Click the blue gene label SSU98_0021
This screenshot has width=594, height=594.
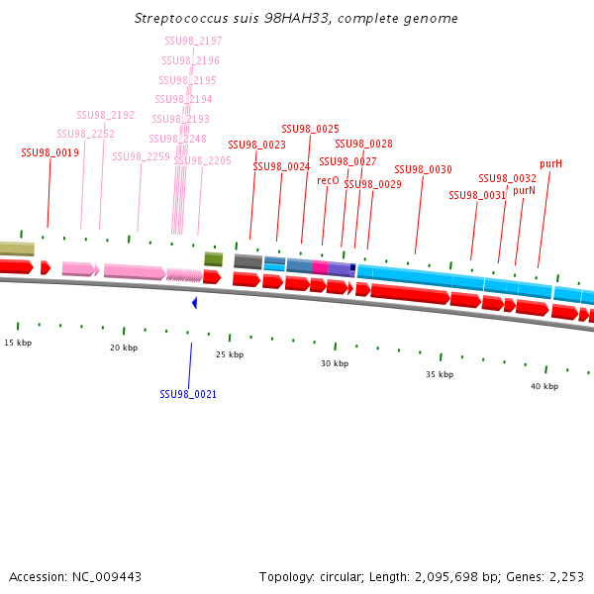(x=188, y=394)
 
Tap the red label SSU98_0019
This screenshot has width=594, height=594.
(x=49, y=152)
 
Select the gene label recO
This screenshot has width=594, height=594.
(x=328, y=181)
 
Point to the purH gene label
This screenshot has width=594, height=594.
(x=550, y=163)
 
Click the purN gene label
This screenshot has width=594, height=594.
(x=524, y=190)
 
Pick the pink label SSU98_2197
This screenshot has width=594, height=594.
(x=193, y=41)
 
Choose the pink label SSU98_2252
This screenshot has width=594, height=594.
(x=85, y=134)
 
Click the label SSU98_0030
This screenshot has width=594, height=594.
(x=423, y=169)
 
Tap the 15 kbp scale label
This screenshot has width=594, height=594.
(x=18, y=343)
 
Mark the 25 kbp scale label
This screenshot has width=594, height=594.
(x=230, y=354)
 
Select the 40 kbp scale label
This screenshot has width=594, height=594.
(x=544, y=386)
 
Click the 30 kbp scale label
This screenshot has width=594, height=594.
(x=335, y=363)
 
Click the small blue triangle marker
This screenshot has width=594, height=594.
(x=195, y=302)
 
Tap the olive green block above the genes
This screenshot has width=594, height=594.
(x=213, y=259)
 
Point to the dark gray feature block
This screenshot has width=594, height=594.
(x=247, y=262)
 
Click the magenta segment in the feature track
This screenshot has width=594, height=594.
(x=320, y=268)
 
